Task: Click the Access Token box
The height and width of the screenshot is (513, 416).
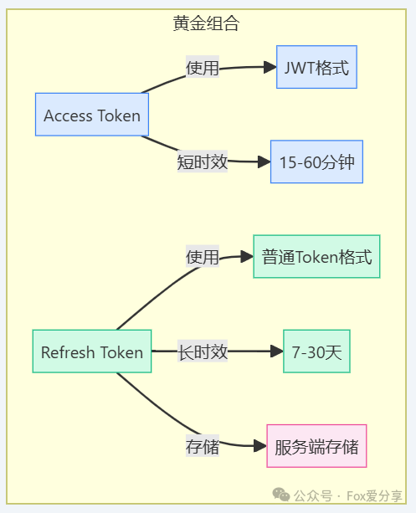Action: [92, 115]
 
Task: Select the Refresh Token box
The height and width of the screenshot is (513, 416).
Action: [92, 351]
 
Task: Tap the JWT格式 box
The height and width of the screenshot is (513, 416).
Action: [316, 67]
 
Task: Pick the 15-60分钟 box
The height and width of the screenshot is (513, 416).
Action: [316, 162]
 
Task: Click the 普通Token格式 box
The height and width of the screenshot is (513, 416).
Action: [316, 256]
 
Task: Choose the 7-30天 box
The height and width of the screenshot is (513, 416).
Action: [316, 351]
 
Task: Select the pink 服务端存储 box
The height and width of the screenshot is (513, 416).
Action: [316, 446]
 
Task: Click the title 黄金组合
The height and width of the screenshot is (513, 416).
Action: [206, 23]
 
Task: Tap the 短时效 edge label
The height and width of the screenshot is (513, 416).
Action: [203, 162]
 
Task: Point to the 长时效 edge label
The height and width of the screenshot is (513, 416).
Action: [203, 351]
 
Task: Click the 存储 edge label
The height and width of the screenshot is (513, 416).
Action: [203, 446]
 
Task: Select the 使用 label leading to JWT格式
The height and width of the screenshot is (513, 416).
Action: [203, 67]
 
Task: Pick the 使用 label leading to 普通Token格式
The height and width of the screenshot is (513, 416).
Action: [203, 256]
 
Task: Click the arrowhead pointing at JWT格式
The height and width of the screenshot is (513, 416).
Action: [270, 67]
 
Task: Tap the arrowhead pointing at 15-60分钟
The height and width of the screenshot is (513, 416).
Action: [264, 162]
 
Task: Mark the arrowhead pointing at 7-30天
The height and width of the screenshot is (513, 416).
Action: [277, 351]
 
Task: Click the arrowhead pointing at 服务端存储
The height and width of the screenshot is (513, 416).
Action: [260, 446]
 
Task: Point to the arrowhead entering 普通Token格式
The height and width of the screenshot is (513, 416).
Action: [247, 256]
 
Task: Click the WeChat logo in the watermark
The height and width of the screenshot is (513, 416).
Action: [281, 495]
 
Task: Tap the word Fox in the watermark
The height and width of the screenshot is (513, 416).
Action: [356, 496]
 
